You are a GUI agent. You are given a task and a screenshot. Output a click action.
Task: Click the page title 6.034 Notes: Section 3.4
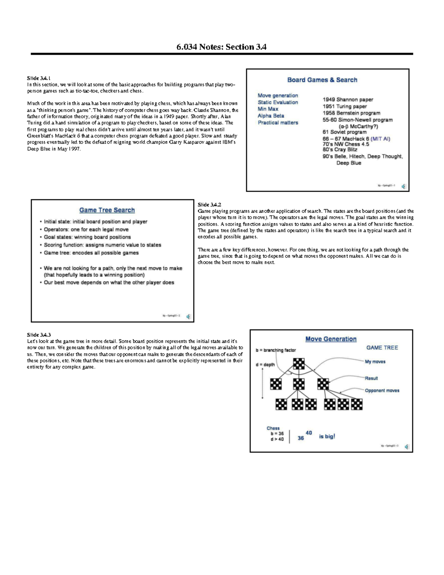(221, 47)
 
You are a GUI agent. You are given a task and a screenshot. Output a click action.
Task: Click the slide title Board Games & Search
(322, 80)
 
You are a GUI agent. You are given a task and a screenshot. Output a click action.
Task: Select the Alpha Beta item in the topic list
(271, 116)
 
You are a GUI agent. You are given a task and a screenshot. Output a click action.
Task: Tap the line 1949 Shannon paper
(348, 100)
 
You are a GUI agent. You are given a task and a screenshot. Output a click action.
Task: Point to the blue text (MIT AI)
(380, 139)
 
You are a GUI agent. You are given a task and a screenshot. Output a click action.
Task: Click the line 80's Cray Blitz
(340, 150)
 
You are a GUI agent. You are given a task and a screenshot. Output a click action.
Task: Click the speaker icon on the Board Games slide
(403, 186)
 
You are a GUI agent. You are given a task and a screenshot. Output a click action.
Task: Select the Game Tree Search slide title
(107, 210)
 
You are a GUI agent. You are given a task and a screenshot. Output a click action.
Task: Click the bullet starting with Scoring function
(102, 245)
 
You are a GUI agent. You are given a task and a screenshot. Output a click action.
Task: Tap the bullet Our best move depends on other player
(109, 283)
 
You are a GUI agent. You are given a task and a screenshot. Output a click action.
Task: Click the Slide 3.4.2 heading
(209, 205)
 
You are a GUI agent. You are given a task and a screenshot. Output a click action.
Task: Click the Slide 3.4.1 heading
(39, 78)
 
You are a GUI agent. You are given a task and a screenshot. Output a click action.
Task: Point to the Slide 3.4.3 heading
(39, 335)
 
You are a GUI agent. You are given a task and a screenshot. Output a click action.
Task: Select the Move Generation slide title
(331, 339)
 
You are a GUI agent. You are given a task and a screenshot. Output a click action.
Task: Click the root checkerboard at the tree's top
(299, 364)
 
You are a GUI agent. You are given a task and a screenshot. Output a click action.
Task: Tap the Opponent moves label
(382, 391)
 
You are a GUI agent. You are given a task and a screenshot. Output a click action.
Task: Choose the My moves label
(375, 362)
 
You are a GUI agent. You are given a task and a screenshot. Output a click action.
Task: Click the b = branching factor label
(276, 350)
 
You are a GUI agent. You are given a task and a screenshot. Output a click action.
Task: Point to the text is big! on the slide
(327, 437)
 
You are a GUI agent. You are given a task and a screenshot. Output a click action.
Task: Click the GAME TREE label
(382, 348)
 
